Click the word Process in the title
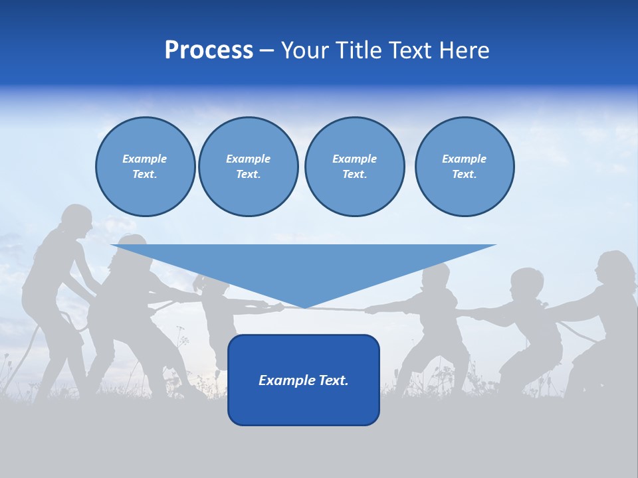tap(209, 50)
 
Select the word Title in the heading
tap(358, 50)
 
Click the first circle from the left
tap(145, 167)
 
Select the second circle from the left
tap(248, 167)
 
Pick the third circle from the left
tap(354, 167)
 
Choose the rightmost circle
tap(464, 167)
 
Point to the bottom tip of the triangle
tap(304, 307)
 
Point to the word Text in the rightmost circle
tap(464, 175)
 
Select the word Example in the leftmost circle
tap(145, 159)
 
